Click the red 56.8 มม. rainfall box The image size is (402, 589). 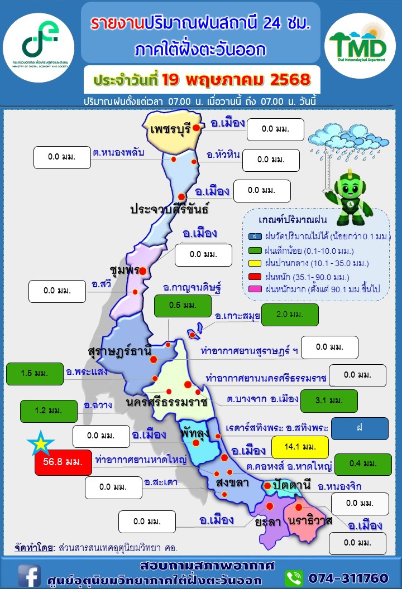click(63, 462)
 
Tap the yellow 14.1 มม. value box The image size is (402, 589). click(300, 446)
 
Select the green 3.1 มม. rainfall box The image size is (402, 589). click(328, 400)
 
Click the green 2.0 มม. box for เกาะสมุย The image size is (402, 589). click(289, 314)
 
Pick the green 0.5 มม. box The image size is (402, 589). click(182, 305)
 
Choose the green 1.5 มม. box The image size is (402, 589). click(34, 373)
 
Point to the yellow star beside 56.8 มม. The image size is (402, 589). click(41, 445)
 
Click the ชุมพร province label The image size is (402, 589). click(125, 270)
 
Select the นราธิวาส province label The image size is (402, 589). click(311, 521)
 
